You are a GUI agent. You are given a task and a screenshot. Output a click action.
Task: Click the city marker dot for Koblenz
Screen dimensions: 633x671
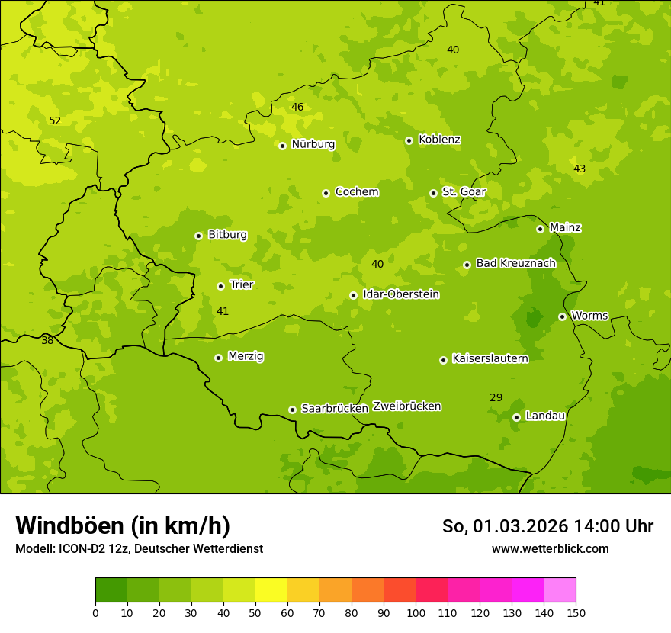pyautogui.click(x=409, y=140)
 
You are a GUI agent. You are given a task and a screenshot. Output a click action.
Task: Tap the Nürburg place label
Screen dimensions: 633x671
pyautogui.click(x=313, y=144)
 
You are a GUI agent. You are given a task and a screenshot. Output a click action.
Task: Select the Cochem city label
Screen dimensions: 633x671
pyautogui.click(x=356, y=192)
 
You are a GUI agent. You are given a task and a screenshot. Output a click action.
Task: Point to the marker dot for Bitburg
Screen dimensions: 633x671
pyautogui.click(x=198, y=236)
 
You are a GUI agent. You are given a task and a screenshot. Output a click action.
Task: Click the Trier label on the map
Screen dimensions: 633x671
pyautogui.click(x=242, y=284)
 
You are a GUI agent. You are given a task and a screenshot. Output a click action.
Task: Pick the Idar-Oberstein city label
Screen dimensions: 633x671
pyautogui.click(x=401, y=294)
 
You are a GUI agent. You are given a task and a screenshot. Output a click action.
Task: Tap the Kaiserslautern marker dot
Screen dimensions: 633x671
pyautogui.click(x=443, y=360)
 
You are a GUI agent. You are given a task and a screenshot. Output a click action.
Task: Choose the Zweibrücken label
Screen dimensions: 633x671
pyautogui.click(x=406, y=406)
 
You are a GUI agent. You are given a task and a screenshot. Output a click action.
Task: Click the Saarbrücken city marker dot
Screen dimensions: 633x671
pyautogui.click(x=292, y=410)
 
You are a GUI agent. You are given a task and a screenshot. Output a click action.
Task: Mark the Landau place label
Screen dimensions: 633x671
pyautogui.click(x=545, y=416)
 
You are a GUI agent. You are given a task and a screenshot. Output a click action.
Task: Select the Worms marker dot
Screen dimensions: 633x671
pyautogui.click(x=562, y=316)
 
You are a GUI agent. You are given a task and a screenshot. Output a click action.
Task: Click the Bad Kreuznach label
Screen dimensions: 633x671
pyautogui.click(x=515, y=263)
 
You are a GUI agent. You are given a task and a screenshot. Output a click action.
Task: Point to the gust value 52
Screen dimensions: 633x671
pyautogui.click(x=55, y=120)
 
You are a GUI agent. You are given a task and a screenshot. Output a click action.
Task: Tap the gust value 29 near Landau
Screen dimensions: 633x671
pyautogui.click(x=496, y=397)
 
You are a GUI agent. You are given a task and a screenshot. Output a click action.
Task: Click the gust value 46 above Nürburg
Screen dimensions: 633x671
pyautogui.click(x=297, y=107)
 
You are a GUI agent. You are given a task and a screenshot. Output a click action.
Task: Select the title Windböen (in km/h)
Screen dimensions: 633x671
pyautogui.click(x=123, y=525)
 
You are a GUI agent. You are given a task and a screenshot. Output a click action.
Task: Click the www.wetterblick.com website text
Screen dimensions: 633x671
pyautogui.click(x=550, y=548)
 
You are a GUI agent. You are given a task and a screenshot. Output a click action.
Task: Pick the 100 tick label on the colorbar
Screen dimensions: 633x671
pyautogui.click(x=416, y=612)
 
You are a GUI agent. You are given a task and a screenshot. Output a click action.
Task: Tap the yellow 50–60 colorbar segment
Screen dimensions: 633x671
pyautogui.click(x=271, y=590)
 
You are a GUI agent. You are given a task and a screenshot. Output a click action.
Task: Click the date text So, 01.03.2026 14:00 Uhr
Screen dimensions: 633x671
pyautogui.click(x=547, y=526)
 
